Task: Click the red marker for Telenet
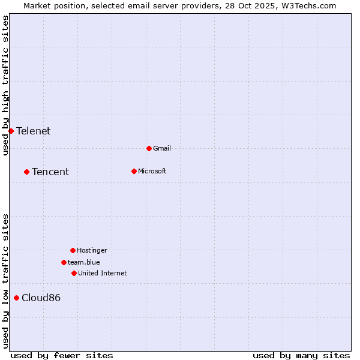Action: (x=11, y=131)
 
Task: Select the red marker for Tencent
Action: (x=26, y=172)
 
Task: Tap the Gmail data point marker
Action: (x=149, y=148)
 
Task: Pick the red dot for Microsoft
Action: (x=134, y=171)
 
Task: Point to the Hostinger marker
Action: (x=73, y=250)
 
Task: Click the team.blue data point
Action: (x=64, y=262)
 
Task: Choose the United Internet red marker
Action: (x=74, y=273)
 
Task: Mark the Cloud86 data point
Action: (x=16, y=298)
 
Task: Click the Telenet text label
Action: (x=34, y=131)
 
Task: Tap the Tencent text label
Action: (x=50, y=172)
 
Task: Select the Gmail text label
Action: (x=162, y=148)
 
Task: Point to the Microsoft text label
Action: (x=152, y=171)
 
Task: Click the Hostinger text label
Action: (x=92, y=250)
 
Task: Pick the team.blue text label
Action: (x=84, y=262)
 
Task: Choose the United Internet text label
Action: (x=103, y=273)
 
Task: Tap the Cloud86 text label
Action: (x=41, y=298)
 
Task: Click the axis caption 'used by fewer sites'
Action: (x=62, y=355)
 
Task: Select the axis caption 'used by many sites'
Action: (x=301, y=355)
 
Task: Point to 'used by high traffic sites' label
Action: (x=5, y=85)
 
